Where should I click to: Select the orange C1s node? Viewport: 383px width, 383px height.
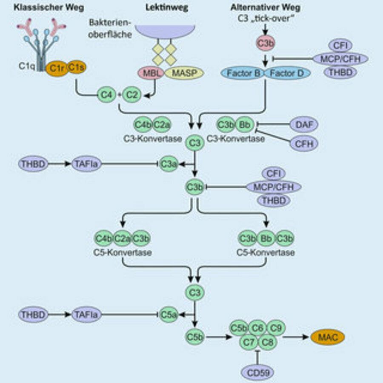tap(76, 67)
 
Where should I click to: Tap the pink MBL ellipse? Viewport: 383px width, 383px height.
tap(149, 73)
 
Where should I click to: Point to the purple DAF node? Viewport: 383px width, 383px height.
tap(304, 124)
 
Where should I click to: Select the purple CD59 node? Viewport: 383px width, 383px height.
tap(256, 373)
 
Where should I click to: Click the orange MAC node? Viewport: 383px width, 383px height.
tap(328, 337)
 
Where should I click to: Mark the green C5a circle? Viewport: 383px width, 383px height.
tap(169, 315)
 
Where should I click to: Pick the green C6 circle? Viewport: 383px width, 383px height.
tap(257, 328)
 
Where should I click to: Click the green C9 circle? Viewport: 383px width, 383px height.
tap(277, 328)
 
